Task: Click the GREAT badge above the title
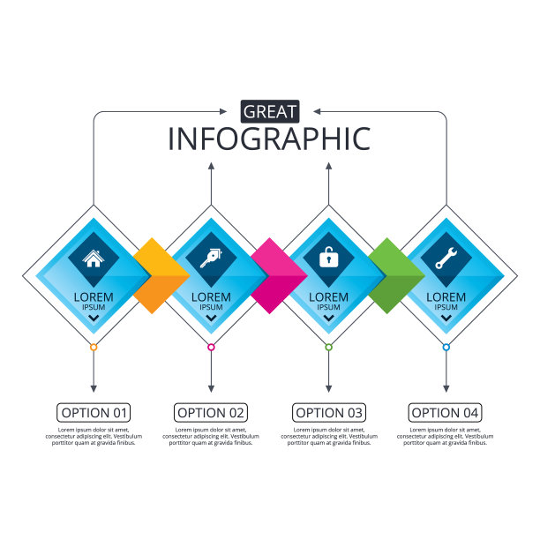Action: click(270, 111)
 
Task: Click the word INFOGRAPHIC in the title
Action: click(270, 139)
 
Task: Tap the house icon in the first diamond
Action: click(93, 259)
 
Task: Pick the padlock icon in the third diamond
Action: click(328, 259)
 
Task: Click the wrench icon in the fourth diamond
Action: click(446, 259)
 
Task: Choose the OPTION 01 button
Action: click(94, 412)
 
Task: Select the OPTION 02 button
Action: click(211, 412)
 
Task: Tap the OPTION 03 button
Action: click(329, 412)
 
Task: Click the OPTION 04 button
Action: click(446, 412)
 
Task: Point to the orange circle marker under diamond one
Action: click(94, 348)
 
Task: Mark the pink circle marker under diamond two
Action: click(211, 348)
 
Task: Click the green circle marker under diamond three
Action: click(329, 348)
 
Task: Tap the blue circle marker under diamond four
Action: click(446, 348)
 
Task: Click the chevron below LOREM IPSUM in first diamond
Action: click(94, 317)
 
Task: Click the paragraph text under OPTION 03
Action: click(329, 436)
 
